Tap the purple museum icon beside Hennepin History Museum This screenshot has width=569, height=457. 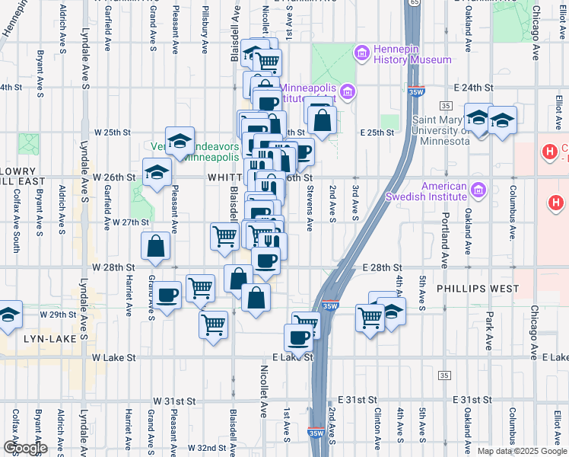361,53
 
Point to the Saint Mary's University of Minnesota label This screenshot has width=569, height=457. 451,131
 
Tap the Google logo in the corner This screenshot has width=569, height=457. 25,447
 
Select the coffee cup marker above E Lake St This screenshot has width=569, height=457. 298,337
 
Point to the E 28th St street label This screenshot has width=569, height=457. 388,268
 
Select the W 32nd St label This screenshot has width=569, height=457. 202,448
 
